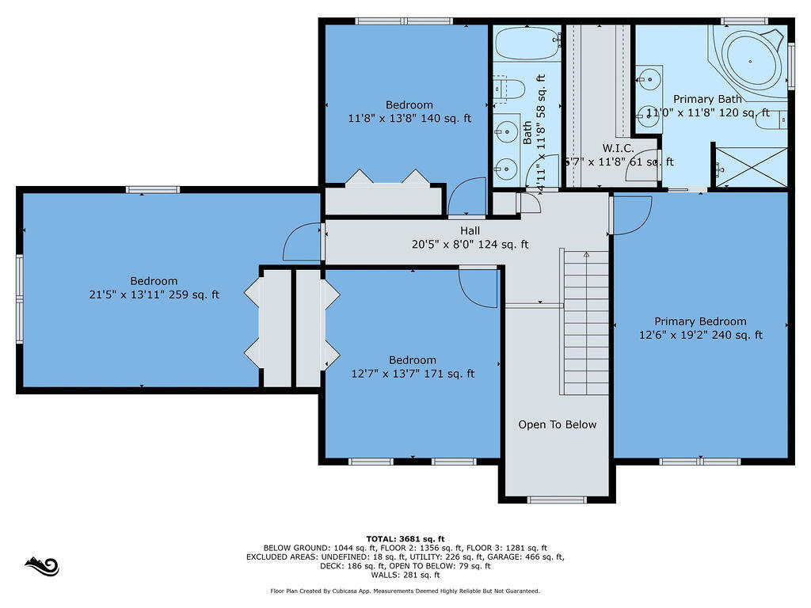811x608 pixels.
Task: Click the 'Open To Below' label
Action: (x=557, y=424)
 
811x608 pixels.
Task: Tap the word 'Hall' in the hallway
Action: (x=470, y=230)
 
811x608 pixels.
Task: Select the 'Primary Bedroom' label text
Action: (x=700, y=321)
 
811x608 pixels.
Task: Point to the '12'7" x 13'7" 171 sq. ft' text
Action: (x=412, y=374)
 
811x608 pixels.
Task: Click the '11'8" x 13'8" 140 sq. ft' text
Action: (x=409, y=119)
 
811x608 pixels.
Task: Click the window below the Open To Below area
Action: (x=557, y=500)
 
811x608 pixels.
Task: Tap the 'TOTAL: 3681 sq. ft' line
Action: (x=405, y=538)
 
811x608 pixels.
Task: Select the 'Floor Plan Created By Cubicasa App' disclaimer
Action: (x=405, y=591)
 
